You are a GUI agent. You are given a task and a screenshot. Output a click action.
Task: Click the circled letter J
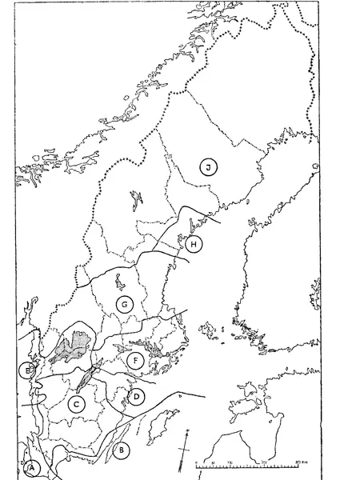[x=208, y=167]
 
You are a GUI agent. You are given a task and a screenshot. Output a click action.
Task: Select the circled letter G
[x=124, y=304]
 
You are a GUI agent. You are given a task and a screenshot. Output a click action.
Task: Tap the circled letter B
[x=122, y=450]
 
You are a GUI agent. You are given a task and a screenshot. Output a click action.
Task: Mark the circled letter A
[x=32, y=466]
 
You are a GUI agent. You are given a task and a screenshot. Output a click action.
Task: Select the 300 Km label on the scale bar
[x=300, y=463]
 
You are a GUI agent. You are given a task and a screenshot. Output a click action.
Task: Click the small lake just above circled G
[x=119, y=282]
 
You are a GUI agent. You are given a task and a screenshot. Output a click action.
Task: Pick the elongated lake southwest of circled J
[x=136, y=197]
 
